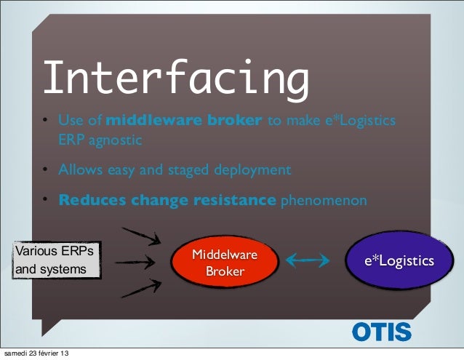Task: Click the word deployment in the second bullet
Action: click(x=251, y=170)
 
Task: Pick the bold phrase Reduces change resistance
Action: click(x=167, y=200)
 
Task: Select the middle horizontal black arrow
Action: click(x=136, y=262)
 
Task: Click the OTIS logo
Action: click(x=382, y=332)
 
